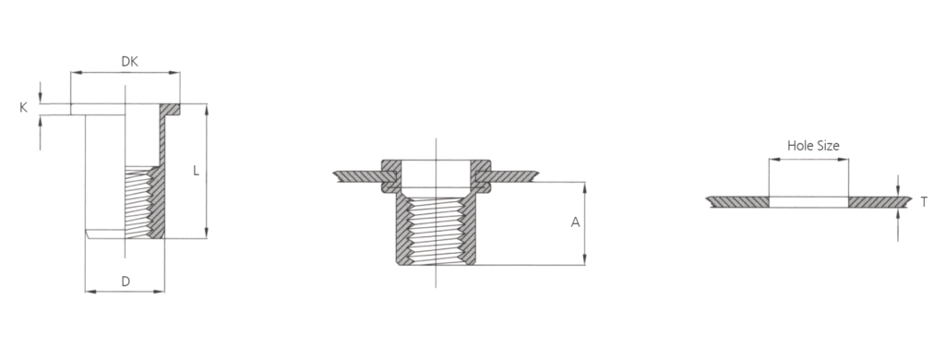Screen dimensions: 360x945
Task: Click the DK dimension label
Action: point(131,61)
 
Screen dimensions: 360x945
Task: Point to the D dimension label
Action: point(125,281)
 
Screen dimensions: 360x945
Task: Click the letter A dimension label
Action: point(575,222)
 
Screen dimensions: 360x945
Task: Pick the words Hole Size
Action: point(812,145)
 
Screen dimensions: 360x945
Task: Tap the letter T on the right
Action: point(924,201)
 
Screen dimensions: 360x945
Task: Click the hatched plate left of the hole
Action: point(738,201)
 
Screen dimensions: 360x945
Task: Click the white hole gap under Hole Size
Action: point(809,201)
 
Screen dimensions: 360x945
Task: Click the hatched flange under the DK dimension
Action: point(171,109)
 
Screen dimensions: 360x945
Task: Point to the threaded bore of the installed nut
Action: point(436,226)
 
